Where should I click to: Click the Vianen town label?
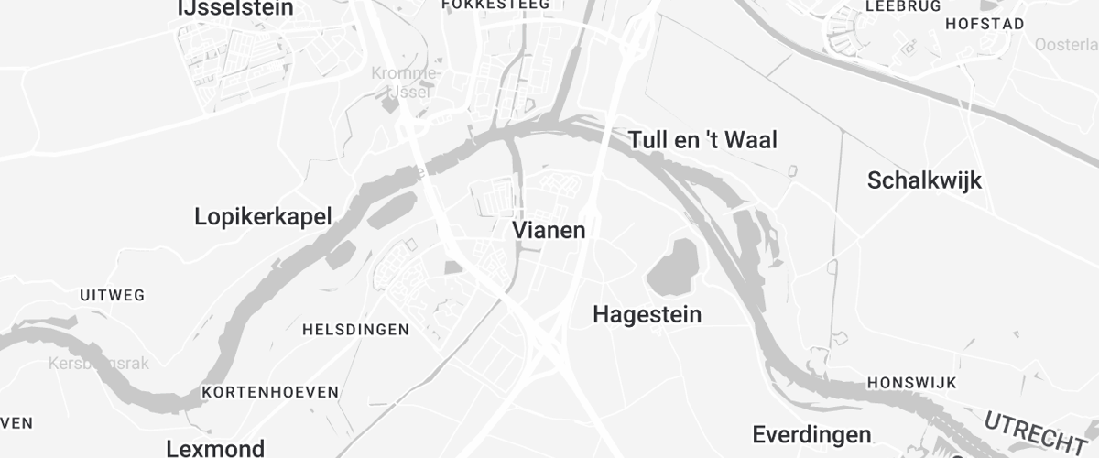click(x=549, y=231)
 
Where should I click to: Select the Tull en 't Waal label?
click(x=702, y=140)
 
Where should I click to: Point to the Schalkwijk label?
click(x=924, y=180)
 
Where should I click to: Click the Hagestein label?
click(x=647, y=315)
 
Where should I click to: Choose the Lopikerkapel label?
click(x=263, y=217)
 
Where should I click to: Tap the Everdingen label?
click(x=811, y=433)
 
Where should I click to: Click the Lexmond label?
click(x=215, y=449)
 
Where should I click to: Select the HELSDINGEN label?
click(x=355, y=329)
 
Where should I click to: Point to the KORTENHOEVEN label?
click(x=270, y=392)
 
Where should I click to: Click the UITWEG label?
click(x=113, y=295)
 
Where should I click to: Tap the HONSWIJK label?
click(x=911, y=382)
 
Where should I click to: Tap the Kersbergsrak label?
click(x=98, y=364)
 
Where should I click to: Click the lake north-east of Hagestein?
click(x=677, y=265)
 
